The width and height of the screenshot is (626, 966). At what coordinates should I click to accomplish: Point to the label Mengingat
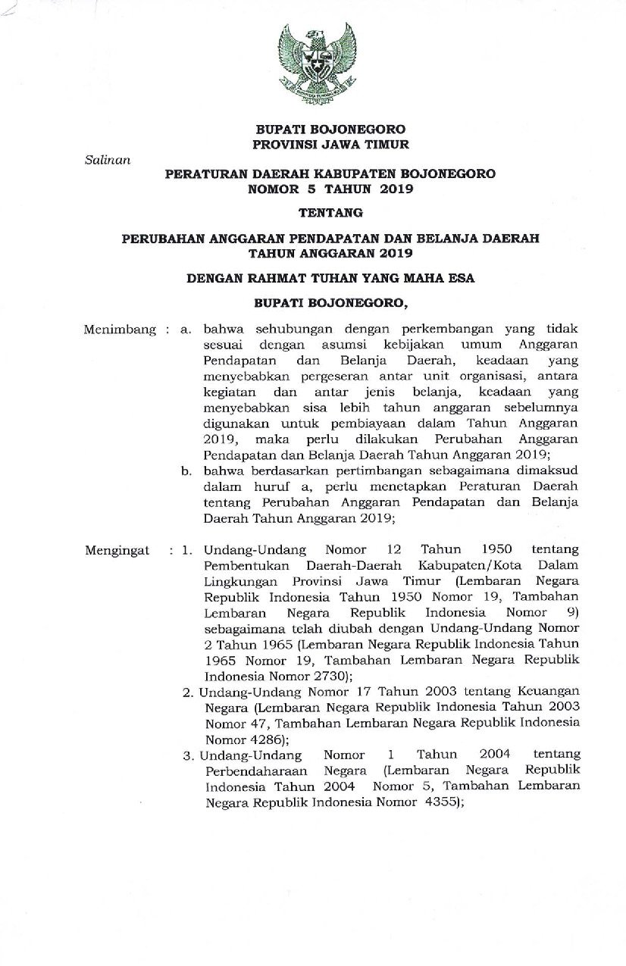[x=117, y=549]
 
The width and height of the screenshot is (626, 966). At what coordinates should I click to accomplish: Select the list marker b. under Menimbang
[x=184, y=471]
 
